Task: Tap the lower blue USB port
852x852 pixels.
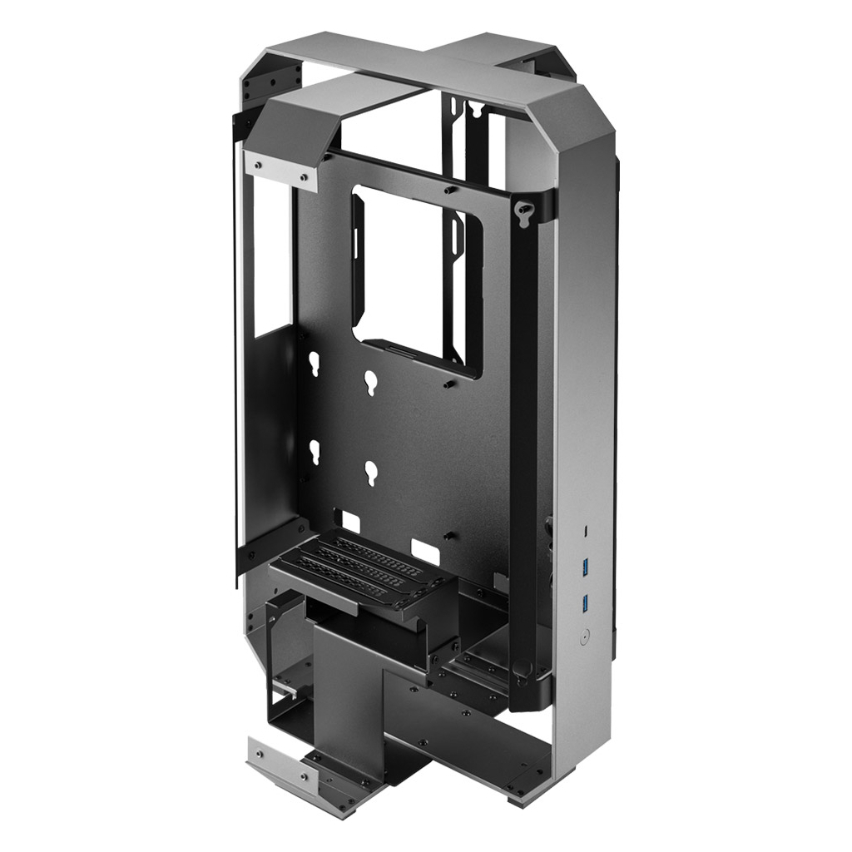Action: tap(585, 602)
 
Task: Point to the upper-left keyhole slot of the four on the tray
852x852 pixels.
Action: tap(315, 364)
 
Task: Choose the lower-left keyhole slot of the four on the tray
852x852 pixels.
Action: tap(315, 452)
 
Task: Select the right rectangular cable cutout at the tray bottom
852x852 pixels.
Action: tap(426, 550)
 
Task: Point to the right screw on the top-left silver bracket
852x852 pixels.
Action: tap(304, 176)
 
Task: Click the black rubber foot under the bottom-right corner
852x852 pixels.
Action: tap(517, 801)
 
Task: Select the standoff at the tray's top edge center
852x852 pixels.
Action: tap(449, 190)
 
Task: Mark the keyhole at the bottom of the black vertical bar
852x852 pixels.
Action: tap(521, 667)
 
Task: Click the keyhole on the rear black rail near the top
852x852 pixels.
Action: tap(474, 106)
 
